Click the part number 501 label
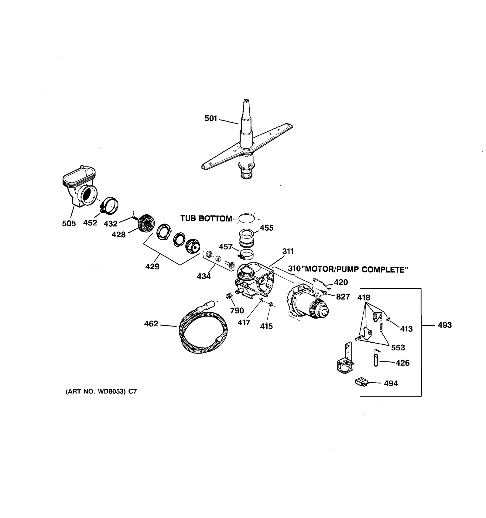point(211,118)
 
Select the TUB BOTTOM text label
point(206,218)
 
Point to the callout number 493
point(445,325)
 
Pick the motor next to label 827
point(307,303)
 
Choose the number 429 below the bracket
point(152,266)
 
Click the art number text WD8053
point(111,391)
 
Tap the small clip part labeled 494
point(361,382)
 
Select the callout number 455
point(267,228)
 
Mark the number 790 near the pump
point(237,310)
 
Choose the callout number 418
point(364,298)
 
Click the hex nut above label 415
point(271,304)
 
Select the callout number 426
point(403,363)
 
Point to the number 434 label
point(204,276)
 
